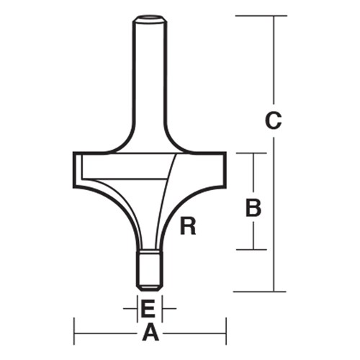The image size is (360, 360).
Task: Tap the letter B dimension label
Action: [x=253, y=208]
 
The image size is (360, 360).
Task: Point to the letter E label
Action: [x=148, y=310]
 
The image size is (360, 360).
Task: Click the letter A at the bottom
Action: [x=150, y=333]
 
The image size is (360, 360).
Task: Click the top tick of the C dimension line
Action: [x=273, y=15]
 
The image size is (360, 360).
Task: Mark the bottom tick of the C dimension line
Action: [x=273, y=291]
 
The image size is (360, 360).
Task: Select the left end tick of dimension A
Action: [x=76, y=333]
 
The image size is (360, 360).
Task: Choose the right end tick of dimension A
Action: [x=225, y=333]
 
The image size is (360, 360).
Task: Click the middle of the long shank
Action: [x=150, y=79]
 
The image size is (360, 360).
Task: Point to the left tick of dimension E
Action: [x=137, y=310]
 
